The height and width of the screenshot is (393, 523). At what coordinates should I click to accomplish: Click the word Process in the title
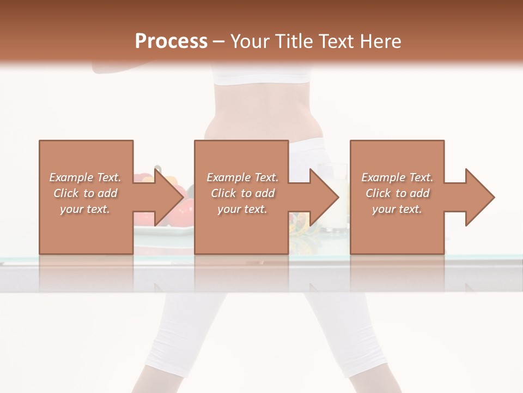pos(171,41)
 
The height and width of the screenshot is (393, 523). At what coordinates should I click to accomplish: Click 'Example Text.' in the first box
pos(85,177)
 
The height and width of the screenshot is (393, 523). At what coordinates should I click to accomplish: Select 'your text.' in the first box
pos(85,209)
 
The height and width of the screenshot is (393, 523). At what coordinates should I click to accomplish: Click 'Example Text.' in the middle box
pos(242,177)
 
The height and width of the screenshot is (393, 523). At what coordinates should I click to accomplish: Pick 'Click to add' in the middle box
pos(242,193)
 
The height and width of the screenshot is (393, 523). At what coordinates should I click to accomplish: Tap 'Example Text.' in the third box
pos(397,177)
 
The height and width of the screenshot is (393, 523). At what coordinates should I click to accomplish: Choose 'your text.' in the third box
pos(397,209)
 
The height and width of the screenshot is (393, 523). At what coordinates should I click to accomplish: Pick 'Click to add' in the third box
pos(397,193)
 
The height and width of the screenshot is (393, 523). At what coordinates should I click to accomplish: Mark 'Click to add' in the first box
pos(85,193)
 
